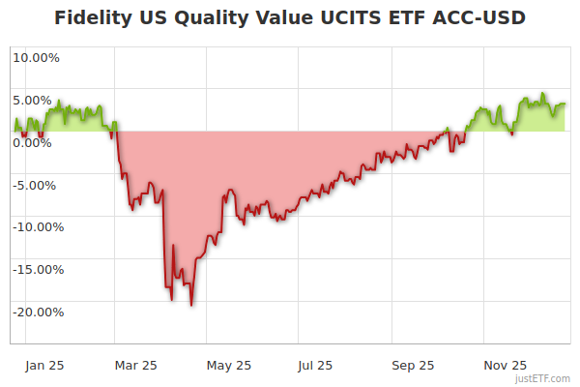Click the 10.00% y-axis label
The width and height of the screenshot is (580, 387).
coord(36,57)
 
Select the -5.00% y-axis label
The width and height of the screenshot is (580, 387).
coord(37,185)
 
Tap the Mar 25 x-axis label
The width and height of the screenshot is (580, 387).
coord(135,365)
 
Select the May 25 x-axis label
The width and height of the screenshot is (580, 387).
coord(229,365)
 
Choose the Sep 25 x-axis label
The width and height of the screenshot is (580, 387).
coord(414,365)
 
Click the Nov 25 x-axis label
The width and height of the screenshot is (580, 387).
coord(505,365)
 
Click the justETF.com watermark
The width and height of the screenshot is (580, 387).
coord(544,379)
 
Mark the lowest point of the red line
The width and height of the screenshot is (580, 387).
coord(191,306)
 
